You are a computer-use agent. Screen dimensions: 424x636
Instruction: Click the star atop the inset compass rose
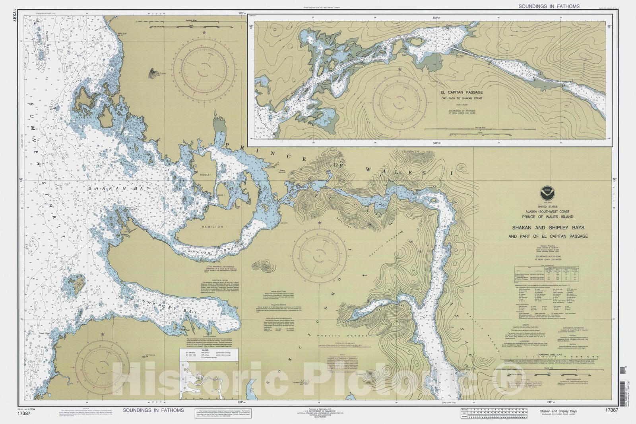(399, 70)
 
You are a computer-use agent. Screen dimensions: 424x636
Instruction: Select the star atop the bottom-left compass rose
(103, 334)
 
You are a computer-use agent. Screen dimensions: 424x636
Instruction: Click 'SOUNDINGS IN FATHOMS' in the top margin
(549, 6)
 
